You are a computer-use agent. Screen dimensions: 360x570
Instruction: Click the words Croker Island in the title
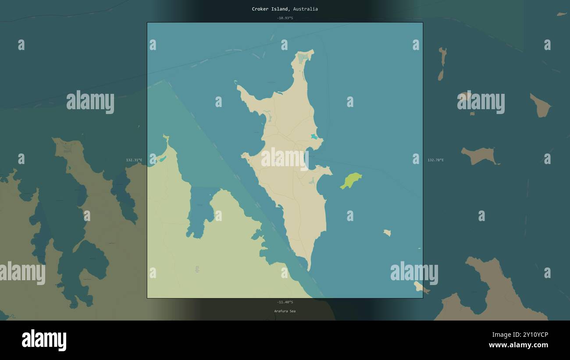270,9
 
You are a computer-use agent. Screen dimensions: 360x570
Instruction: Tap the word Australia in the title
306,9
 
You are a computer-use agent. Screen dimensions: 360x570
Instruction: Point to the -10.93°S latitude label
285,18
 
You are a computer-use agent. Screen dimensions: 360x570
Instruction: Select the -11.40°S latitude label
285,302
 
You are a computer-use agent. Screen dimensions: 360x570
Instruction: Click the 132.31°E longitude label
134,160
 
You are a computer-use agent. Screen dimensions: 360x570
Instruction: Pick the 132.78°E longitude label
435,160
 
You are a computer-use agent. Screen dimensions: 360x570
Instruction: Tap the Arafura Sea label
285,311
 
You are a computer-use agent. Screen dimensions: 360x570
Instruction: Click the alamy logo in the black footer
44,340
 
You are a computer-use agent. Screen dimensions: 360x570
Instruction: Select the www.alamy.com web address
518,345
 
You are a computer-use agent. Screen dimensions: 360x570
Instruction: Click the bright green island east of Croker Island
351,180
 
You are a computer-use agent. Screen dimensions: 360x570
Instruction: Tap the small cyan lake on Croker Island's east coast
314,137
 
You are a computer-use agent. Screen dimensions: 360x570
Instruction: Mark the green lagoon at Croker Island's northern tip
303,57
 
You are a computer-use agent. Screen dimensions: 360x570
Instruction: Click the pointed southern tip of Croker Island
309,268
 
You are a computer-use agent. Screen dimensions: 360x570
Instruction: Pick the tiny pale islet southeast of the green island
387,233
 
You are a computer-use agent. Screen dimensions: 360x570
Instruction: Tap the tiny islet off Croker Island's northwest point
235,82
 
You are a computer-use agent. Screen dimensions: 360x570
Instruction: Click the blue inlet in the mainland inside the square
201,210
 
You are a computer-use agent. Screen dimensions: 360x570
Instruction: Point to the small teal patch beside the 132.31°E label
162,159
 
